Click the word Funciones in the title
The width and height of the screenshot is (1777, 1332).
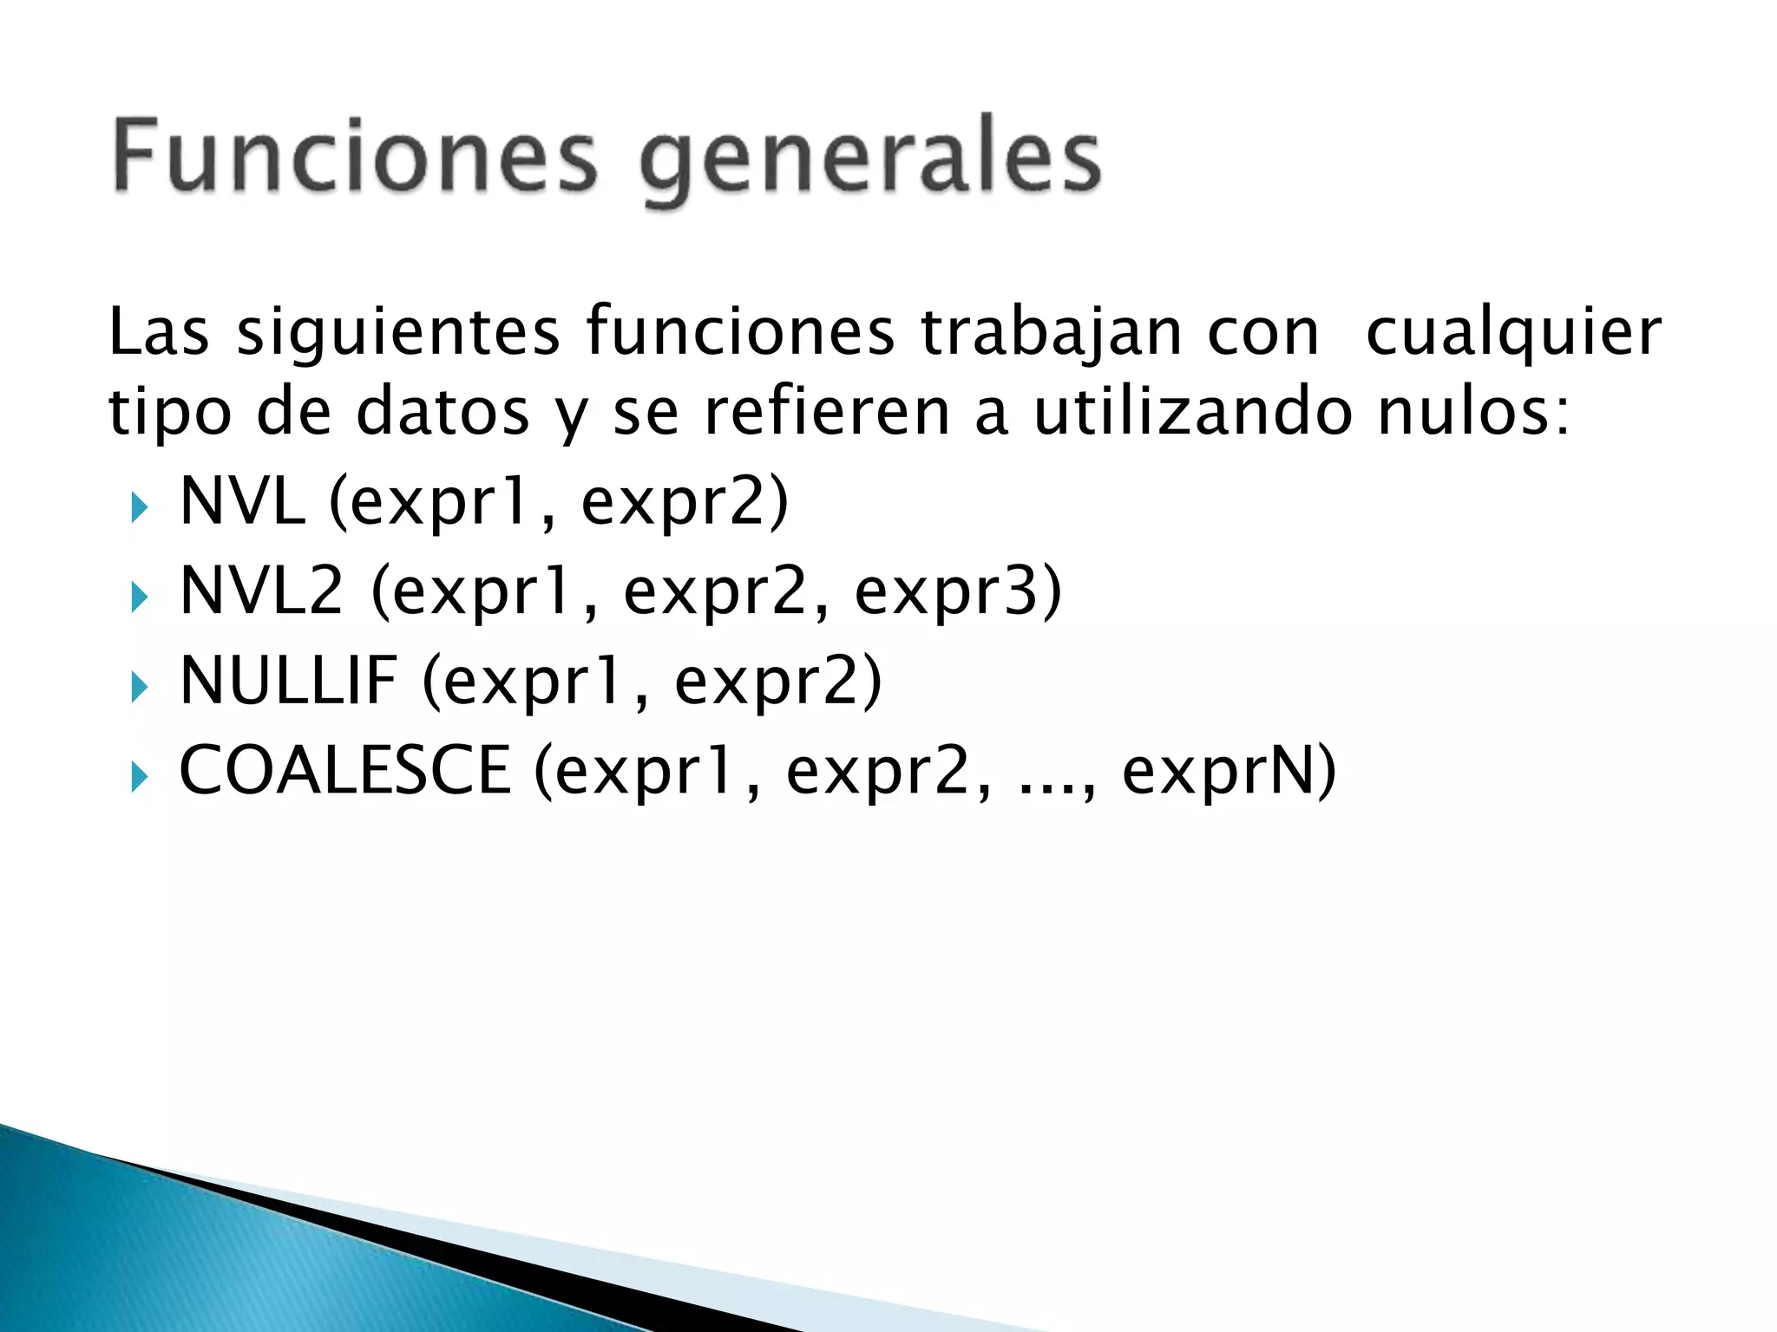(x=355, y=156)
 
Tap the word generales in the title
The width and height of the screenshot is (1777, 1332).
(x=870, y=160)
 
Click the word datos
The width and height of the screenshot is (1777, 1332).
(x=443, y=412)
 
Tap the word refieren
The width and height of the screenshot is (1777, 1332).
(x=827, y=412)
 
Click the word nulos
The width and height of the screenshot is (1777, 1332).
(x=1472, y=412)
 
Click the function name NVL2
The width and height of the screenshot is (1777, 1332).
(x=261, y=591)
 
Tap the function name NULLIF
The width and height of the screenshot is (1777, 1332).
(x=288, y=681)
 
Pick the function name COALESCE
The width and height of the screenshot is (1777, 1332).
(x=344, y=771)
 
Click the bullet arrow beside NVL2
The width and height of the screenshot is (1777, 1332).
(x=139, y=597)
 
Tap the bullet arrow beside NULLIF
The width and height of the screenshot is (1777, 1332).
(x=139, y=687)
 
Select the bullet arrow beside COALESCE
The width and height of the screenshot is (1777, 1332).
(x=139, y=777)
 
